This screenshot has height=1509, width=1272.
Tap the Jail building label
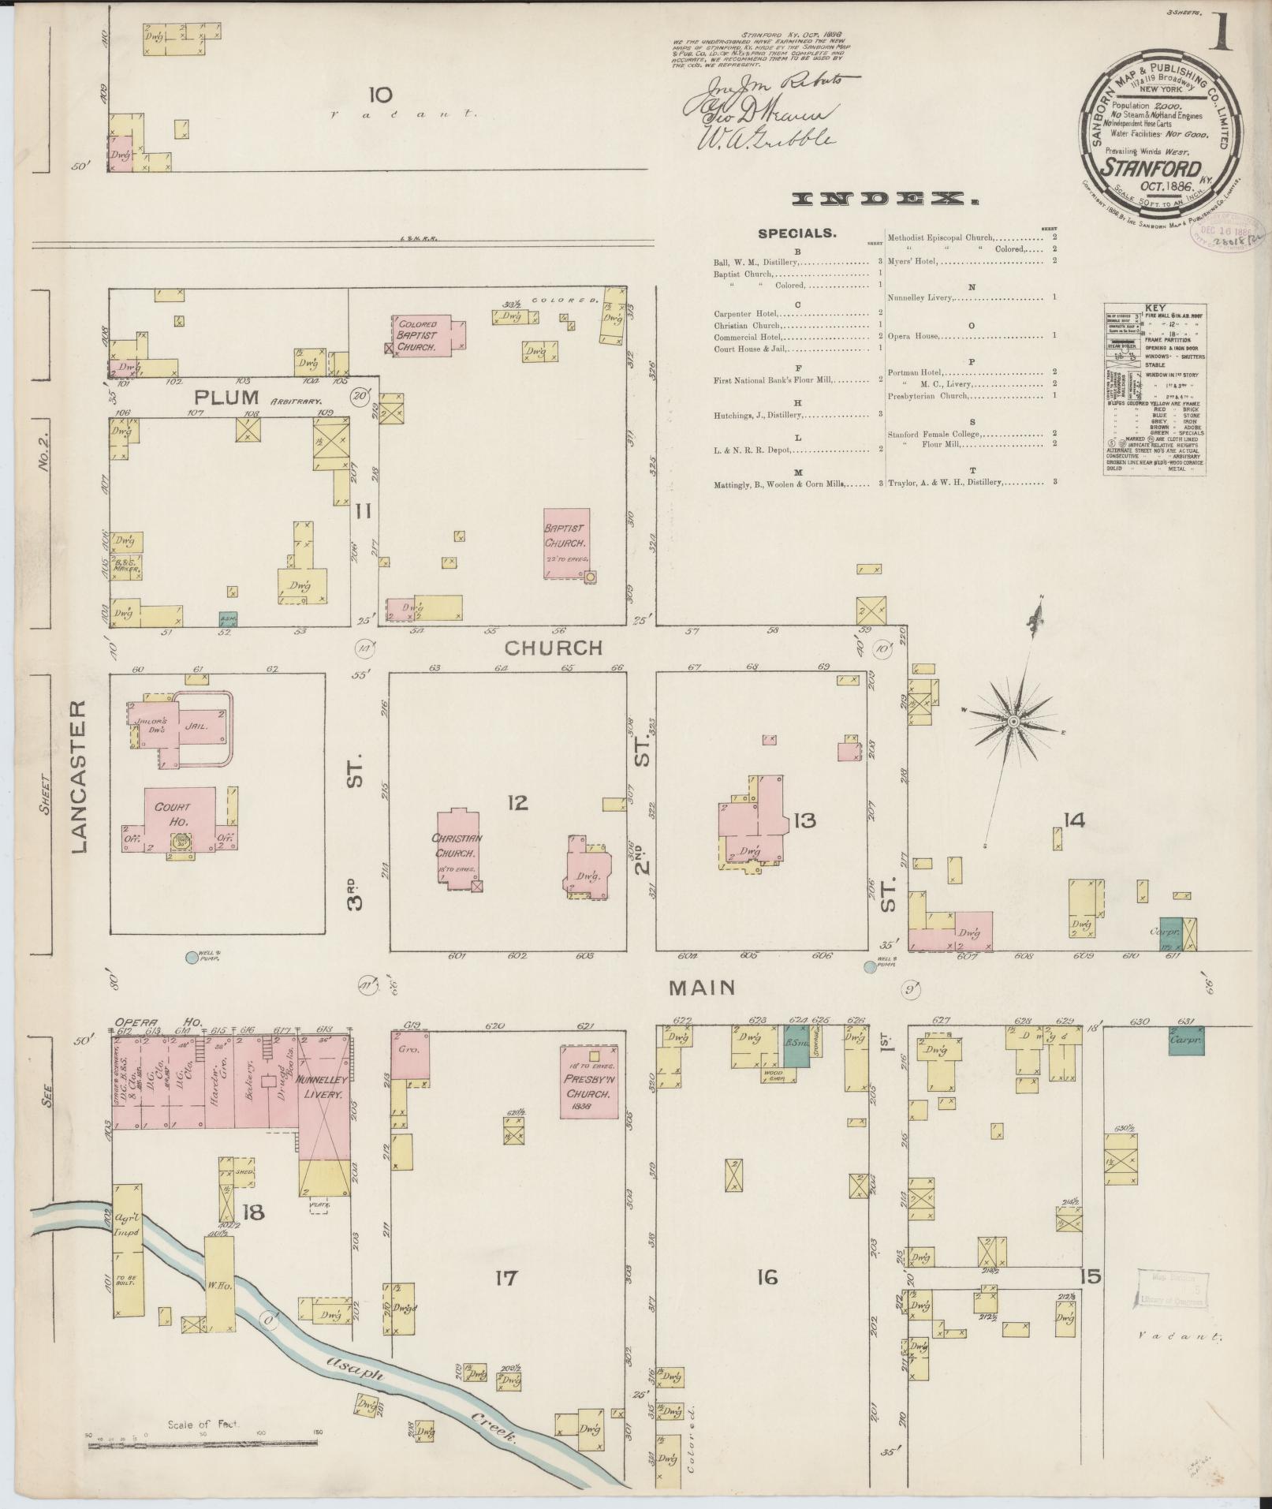point(196,726)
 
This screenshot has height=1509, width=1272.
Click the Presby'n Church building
point(588,1081)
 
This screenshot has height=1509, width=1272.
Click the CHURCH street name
point(553,648)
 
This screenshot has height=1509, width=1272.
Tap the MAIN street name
point(702,987)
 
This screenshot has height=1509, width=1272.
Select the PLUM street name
point(217,397)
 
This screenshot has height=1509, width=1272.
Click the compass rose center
point(1013,721)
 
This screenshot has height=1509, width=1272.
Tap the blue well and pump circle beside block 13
point(870,966)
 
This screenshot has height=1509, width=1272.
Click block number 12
point(517,803)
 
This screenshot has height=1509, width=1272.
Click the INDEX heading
point(886,200)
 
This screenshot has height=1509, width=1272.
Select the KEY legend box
point(1154,389)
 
